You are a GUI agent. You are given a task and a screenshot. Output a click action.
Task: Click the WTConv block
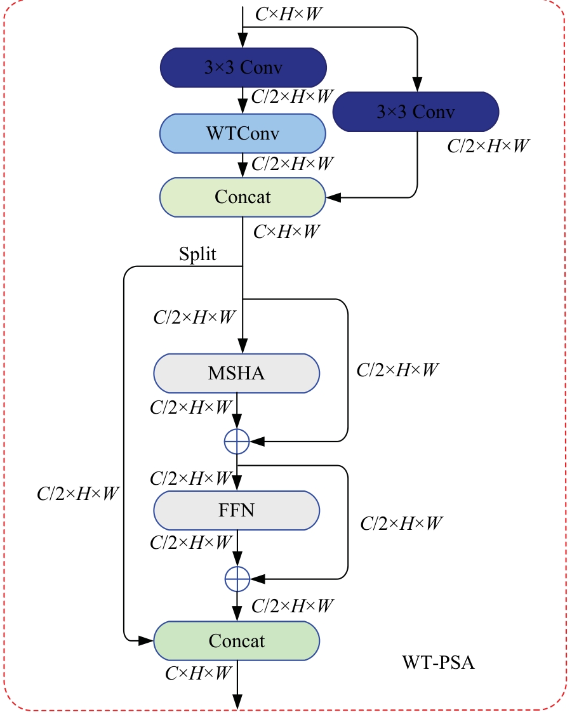(x=243, y=134)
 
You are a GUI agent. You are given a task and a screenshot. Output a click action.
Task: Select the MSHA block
(x=236, y=373)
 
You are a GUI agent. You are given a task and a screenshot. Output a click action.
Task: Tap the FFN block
(x=236, y=510)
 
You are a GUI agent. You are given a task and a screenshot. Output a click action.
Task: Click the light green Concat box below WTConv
(x=243, y=197)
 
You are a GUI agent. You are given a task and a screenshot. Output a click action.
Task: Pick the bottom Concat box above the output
(x=236, y=641)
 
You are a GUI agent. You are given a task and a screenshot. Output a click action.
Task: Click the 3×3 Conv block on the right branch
(x=416, y=112)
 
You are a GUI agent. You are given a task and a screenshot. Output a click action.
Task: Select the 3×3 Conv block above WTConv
(x=243, y=68)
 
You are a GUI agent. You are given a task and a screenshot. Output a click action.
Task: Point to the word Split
(x=197, y=254)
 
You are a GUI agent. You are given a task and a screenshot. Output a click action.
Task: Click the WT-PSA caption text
(x=438, y=664)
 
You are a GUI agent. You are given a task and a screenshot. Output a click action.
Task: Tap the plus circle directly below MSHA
(x=237, y=441)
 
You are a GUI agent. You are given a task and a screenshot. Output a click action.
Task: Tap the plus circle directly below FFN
(x=237, y=577)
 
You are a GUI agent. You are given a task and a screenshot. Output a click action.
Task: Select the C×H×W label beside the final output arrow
(x=197, y=674)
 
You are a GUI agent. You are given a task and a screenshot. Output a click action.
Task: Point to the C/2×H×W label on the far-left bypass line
(x=78, y=494)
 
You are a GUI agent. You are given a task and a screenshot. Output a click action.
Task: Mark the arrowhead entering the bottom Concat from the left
(x=147, y=641)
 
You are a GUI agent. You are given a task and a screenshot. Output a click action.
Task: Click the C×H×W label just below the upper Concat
(x=286, y=232)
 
